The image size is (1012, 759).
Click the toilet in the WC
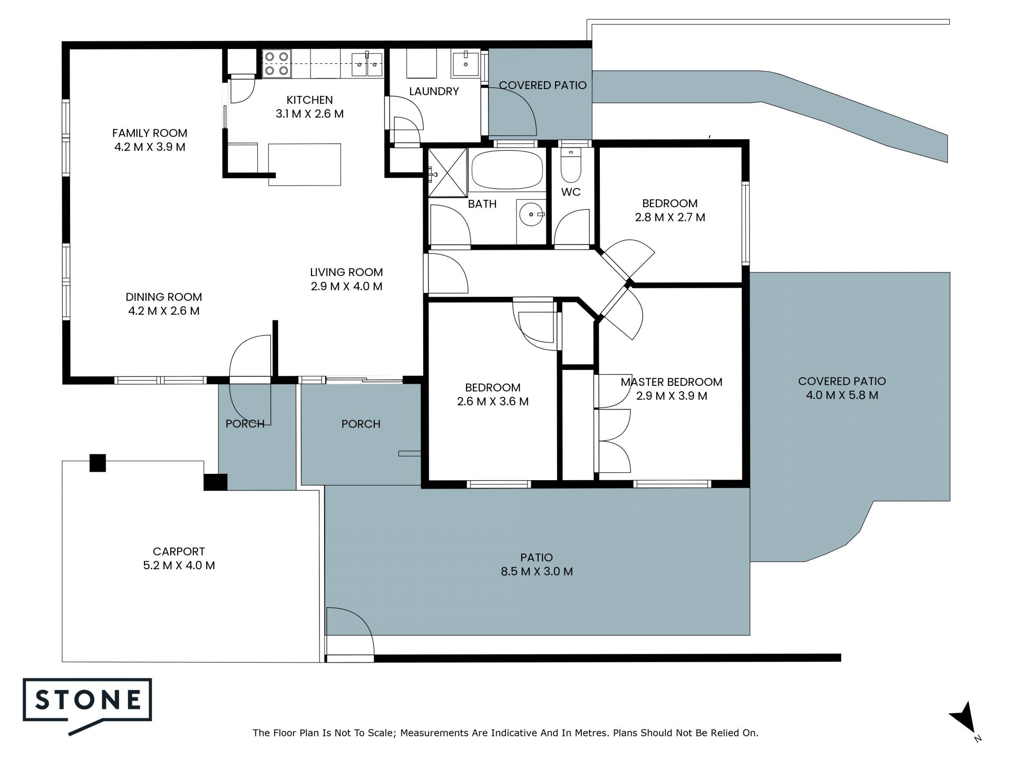pos(570,165)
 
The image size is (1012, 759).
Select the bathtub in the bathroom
pos(507,170)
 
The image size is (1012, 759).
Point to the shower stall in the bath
pos(447,172)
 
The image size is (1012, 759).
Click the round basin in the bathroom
pos(531,215)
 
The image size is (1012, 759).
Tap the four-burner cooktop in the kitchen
pos(276,63)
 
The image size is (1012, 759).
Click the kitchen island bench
pos(305,164)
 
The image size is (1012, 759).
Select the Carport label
pos(179,551)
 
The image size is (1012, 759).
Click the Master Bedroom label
pos(672,382)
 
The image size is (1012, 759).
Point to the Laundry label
pos(434,91)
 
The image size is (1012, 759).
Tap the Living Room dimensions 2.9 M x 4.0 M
pos(346,286)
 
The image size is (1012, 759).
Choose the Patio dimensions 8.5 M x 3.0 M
pos(537,571)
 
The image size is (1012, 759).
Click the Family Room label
pos(150,133)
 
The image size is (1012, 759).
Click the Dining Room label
pos(164,297)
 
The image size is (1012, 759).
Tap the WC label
pos(571,192)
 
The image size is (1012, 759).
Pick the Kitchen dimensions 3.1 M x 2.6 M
pos(309,113)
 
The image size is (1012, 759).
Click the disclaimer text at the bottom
pos(505,733)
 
